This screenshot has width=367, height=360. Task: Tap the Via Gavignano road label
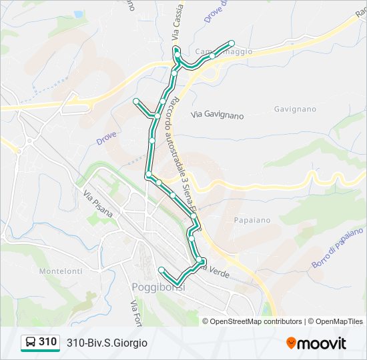point(218,115)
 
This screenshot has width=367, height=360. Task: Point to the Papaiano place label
point(252,219)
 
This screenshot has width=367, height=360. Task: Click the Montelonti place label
point(61,271)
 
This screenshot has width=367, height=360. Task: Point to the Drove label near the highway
point(106,138)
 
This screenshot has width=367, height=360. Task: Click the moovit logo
point(316,343)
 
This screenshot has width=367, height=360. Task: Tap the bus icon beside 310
point(30,343)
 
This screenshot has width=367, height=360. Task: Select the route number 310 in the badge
point(47,342)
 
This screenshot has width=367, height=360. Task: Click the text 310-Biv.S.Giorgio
point(107,343)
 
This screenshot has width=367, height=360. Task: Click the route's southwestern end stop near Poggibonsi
point(161,269)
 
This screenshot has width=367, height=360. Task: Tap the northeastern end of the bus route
point(232,42)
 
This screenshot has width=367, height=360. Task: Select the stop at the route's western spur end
point(136,101)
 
